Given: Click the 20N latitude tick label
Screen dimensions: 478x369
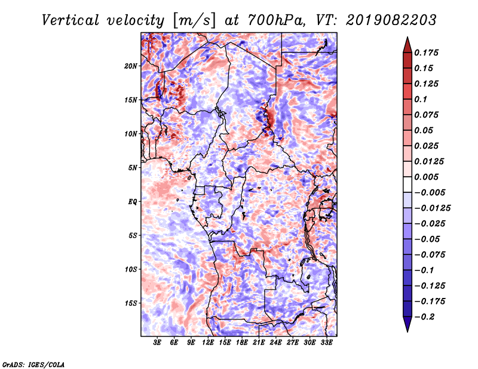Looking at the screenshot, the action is [131, 66].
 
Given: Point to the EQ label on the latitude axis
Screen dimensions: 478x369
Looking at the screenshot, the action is [133, 202].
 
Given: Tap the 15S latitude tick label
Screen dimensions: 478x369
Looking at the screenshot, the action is [131, 303].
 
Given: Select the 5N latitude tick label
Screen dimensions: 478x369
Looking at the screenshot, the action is [133, 168].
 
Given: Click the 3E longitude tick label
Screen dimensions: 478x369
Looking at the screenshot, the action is [157, 343].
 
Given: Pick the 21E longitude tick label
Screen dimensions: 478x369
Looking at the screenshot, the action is [259, 343].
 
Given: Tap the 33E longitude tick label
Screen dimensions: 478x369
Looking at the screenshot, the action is [326, 343].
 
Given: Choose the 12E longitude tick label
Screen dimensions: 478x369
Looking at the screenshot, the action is [208, 343].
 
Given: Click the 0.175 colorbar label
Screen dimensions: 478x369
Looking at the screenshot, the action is [426, 53].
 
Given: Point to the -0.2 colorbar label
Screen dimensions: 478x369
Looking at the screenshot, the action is [424, 317].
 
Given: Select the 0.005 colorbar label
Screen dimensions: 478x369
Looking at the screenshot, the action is [426, 177].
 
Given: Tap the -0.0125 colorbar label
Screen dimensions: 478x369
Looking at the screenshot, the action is [432, 208].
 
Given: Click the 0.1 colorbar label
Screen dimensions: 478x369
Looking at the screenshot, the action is [421, 99].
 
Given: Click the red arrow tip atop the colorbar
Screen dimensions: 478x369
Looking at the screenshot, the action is [407, 38].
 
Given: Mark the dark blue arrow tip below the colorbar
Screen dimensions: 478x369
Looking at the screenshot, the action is [407, 331].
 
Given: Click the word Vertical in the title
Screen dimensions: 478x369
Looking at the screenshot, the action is [71, 20].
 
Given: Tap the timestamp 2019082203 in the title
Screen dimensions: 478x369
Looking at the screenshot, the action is [391, 20].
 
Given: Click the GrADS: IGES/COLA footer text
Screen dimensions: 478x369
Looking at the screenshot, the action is [33, 365].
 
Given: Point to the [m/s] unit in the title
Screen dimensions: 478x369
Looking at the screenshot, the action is [194, 20].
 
